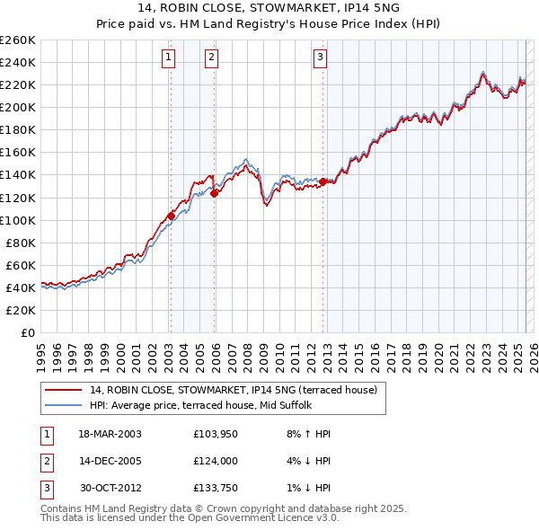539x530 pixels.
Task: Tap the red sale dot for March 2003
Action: [171, 216]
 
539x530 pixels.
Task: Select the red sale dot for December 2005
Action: [215, 192]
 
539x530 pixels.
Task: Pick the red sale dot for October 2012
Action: [323, 181]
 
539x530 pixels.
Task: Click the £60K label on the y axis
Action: [21, 265]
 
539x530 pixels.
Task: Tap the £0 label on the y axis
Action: [28, 332]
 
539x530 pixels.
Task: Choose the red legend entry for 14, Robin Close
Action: [238, 390]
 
